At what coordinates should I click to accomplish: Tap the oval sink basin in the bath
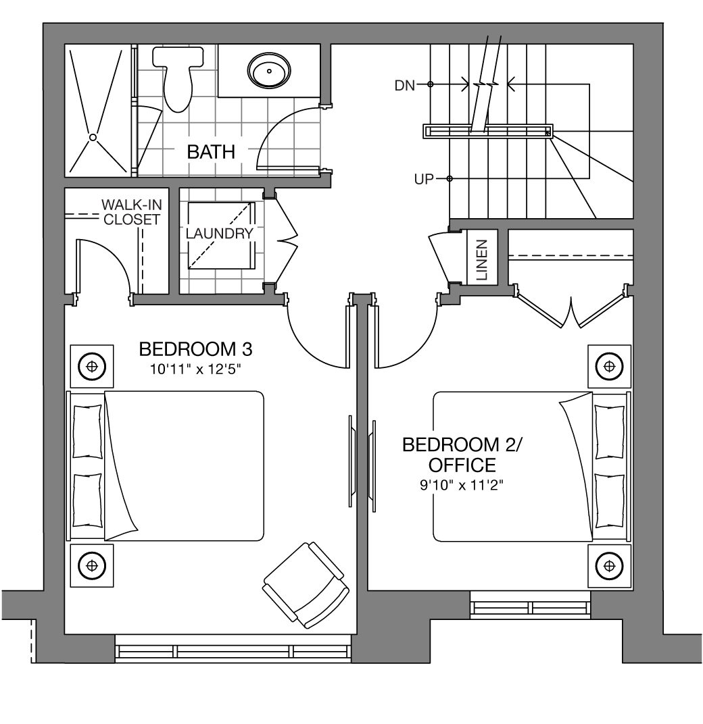click(x=269, y=71)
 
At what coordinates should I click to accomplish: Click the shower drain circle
click(x=93, y=137)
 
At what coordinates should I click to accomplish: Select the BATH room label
click(x=211, y=152)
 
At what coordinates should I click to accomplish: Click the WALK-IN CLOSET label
click(x=131, y=212)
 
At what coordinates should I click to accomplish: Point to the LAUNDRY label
click(x=220, y=234)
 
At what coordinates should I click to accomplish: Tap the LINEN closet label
click(x=481, y=260)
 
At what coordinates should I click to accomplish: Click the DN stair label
click(x=404, y=85)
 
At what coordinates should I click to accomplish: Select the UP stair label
click(x=424, y=179)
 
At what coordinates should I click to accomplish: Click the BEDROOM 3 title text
click(x=195, y=350)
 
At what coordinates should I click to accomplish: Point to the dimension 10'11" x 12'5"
click(x=195, y=369)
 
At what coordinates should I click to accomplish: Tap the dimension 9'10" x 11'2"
click(x=461, y=486)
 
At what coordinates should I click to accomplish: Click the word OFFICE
click(x=462, y=465)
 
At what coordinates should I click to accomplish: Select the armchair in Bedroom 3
click(x=306, y=585)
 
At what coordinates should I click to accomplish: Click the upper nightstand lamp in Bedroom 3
click(x=92, y=367)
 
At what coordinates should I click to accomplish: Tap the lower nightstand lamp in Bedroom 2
click(x=610, y=566)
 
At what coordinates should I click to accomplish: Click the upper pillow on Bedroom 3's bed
click(x=87, y=432)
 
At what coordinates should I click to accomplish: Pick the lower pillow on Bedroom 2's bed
click(x=610, y=500)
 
